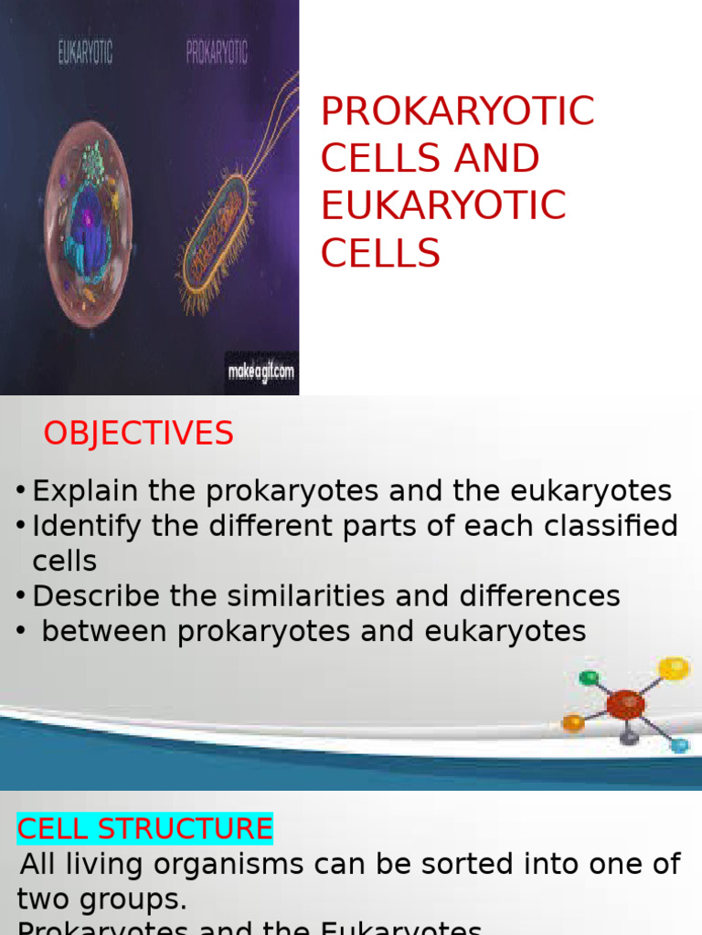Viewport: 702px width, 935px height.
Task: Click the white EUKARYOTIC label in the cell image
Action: click(85, 53)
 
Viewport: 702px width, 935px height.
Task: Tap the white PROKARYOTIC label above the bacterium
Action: click(217, 53)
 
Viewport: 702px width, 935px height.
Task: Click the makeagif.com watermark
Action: click(261, 373)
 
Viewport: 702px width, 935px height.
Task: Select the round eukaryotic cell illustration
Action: click(88, 224)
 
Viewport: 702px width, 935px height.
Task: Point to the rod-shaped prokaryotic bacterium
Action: click(216, 233)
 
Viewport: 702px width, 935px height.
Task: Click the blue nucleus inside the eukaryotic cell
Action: click(88, 228)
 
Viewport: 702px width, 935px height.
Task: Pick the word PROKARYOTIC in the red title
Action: click(457, 111)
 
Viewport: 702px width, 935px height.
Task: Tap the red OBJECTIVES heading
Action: click(138, 434)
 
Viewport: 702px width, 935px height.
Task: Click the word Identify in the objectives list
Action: click(88, 526)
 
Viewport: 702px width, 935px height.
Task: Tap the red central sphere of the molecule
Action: click(625, 704)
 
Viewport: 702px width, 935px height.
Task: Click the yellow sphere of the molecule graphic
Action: click(674, 668)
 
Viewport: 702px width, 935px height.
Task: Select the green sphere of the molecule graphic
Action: click(590, 678)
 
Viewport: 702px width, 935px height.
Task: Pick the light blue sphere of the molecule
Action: click(679, 745)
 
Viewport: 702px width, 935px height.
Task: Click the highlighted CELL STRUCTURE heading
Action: click(144, 829)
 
